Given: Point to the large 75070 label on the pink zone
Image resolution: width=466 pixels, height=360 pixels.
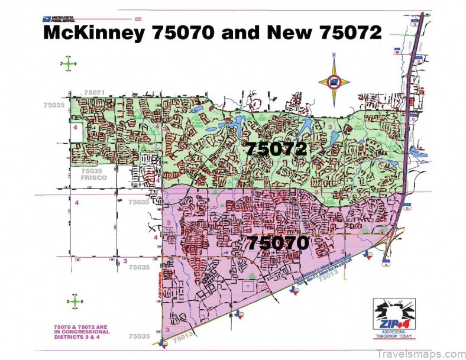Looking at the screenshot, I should point(277,242).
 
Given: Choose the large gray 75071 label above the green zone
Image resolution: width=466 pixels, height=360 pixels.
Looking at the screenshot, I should point(94,93).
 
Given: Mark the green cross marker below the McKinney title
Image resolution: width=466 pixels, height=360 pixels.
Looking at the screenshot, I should point(69,62).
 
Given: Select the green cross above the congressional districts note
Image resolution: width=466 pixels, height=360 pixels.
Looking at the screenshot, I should point(76,301).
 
